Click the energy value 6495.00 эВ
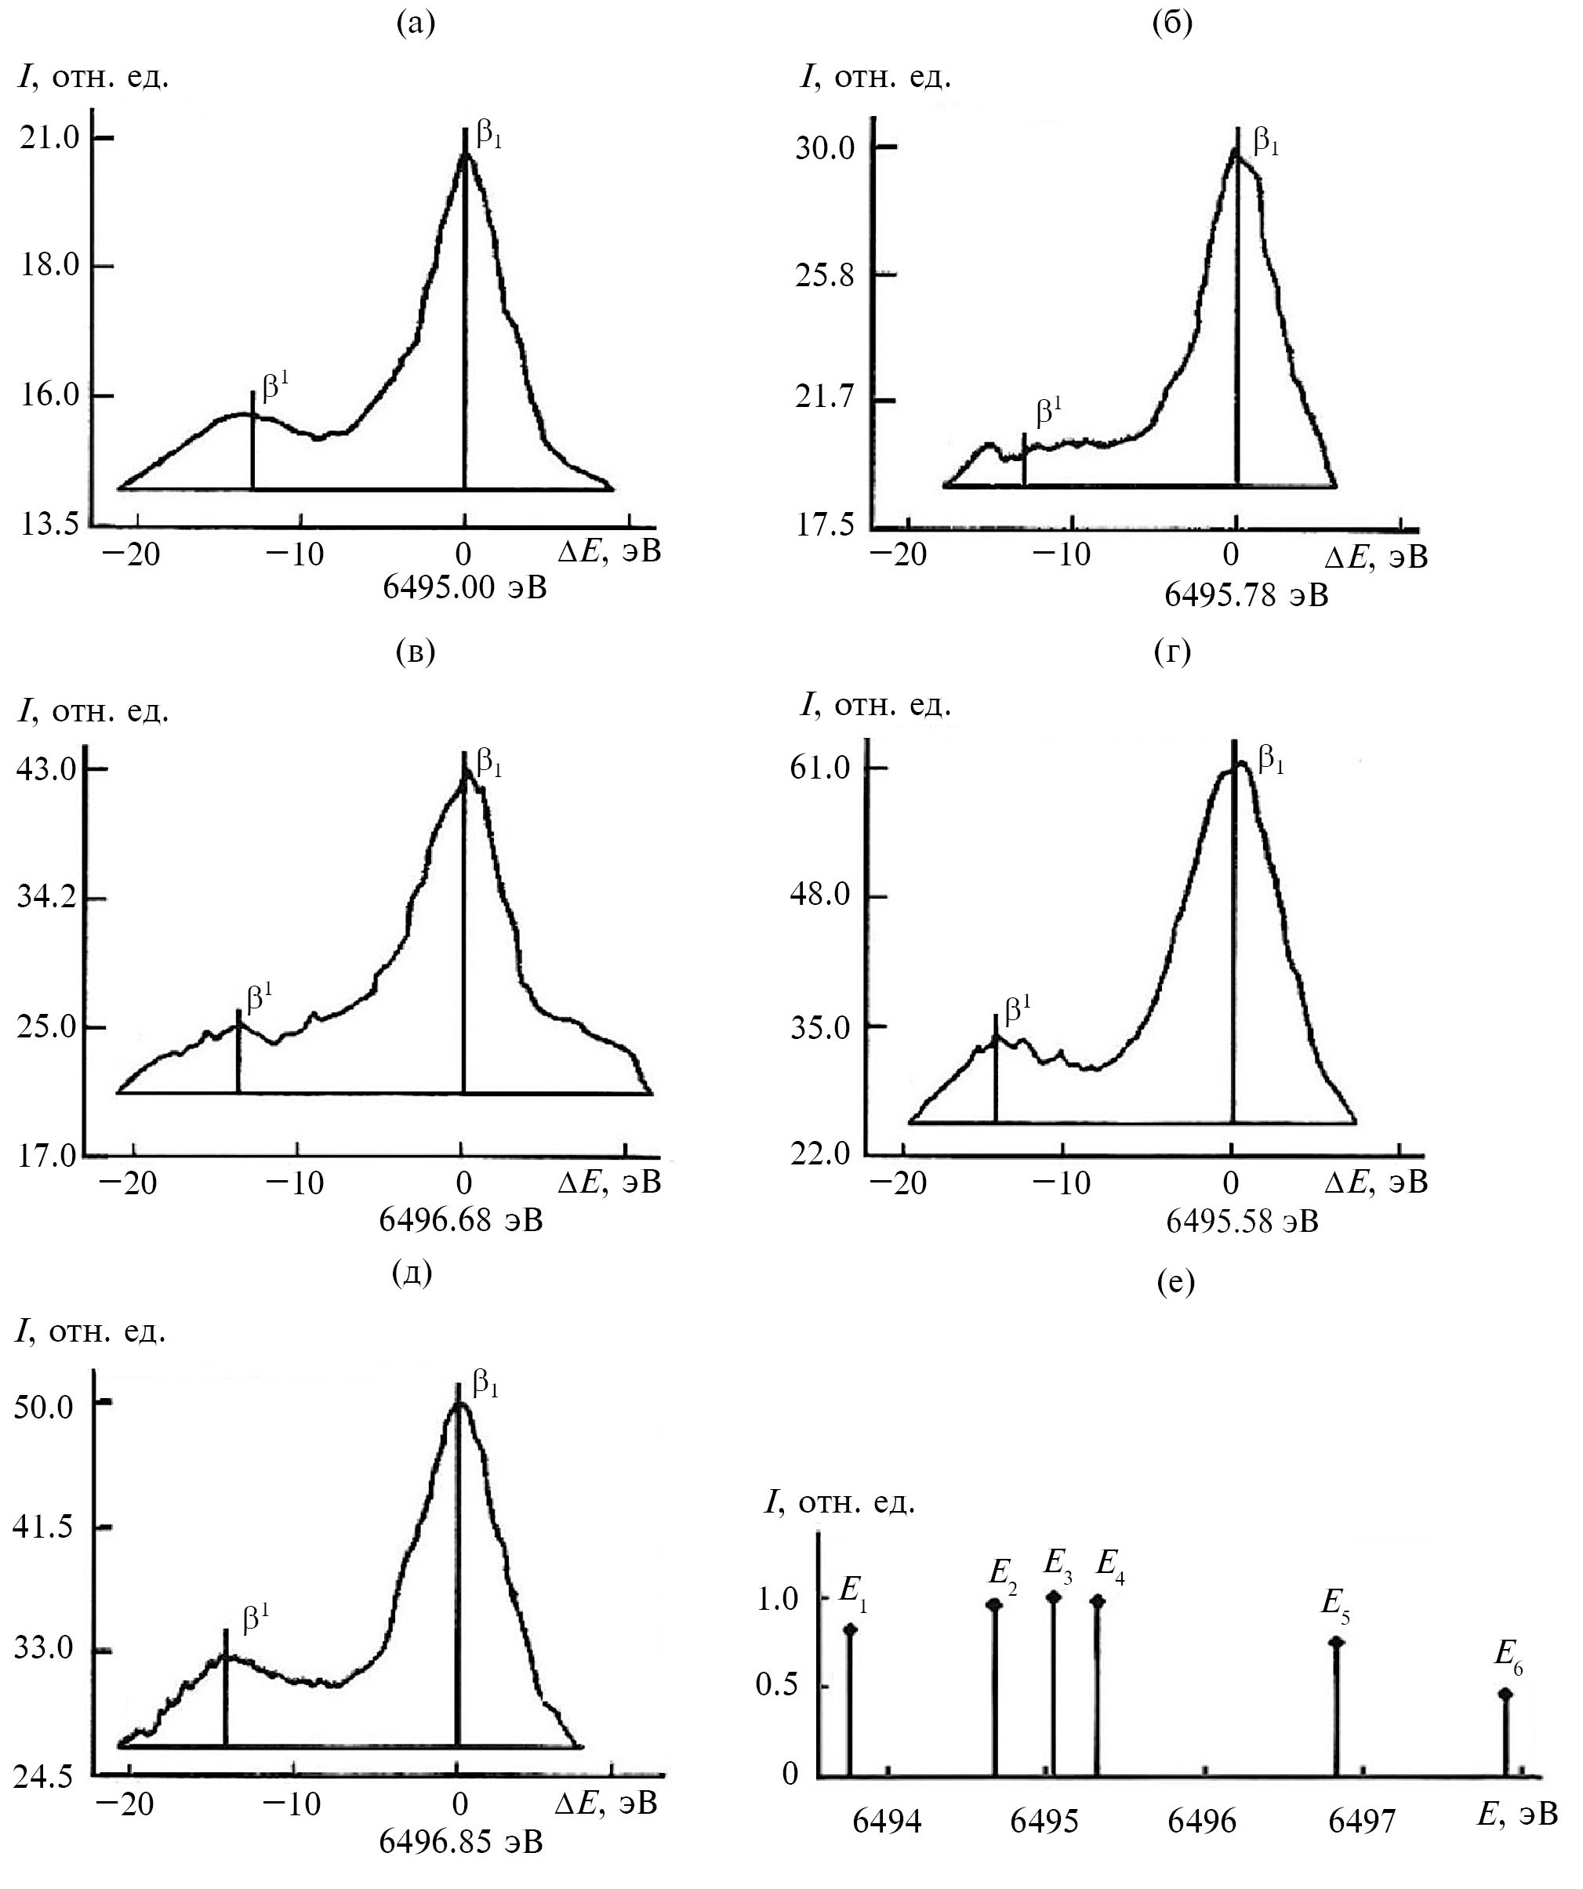[x=464, y=587]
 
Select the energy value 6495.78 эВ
[x=1246, y=594]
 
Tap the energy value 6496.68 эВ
[x=460, y=1221]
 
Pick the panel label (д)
[x=413, y=1273]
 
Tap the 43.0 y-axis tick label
[x=49, y=770]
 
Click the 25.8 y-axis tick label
[x=824, y=275]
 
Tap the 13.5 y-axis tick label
[x=50, y=525]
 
